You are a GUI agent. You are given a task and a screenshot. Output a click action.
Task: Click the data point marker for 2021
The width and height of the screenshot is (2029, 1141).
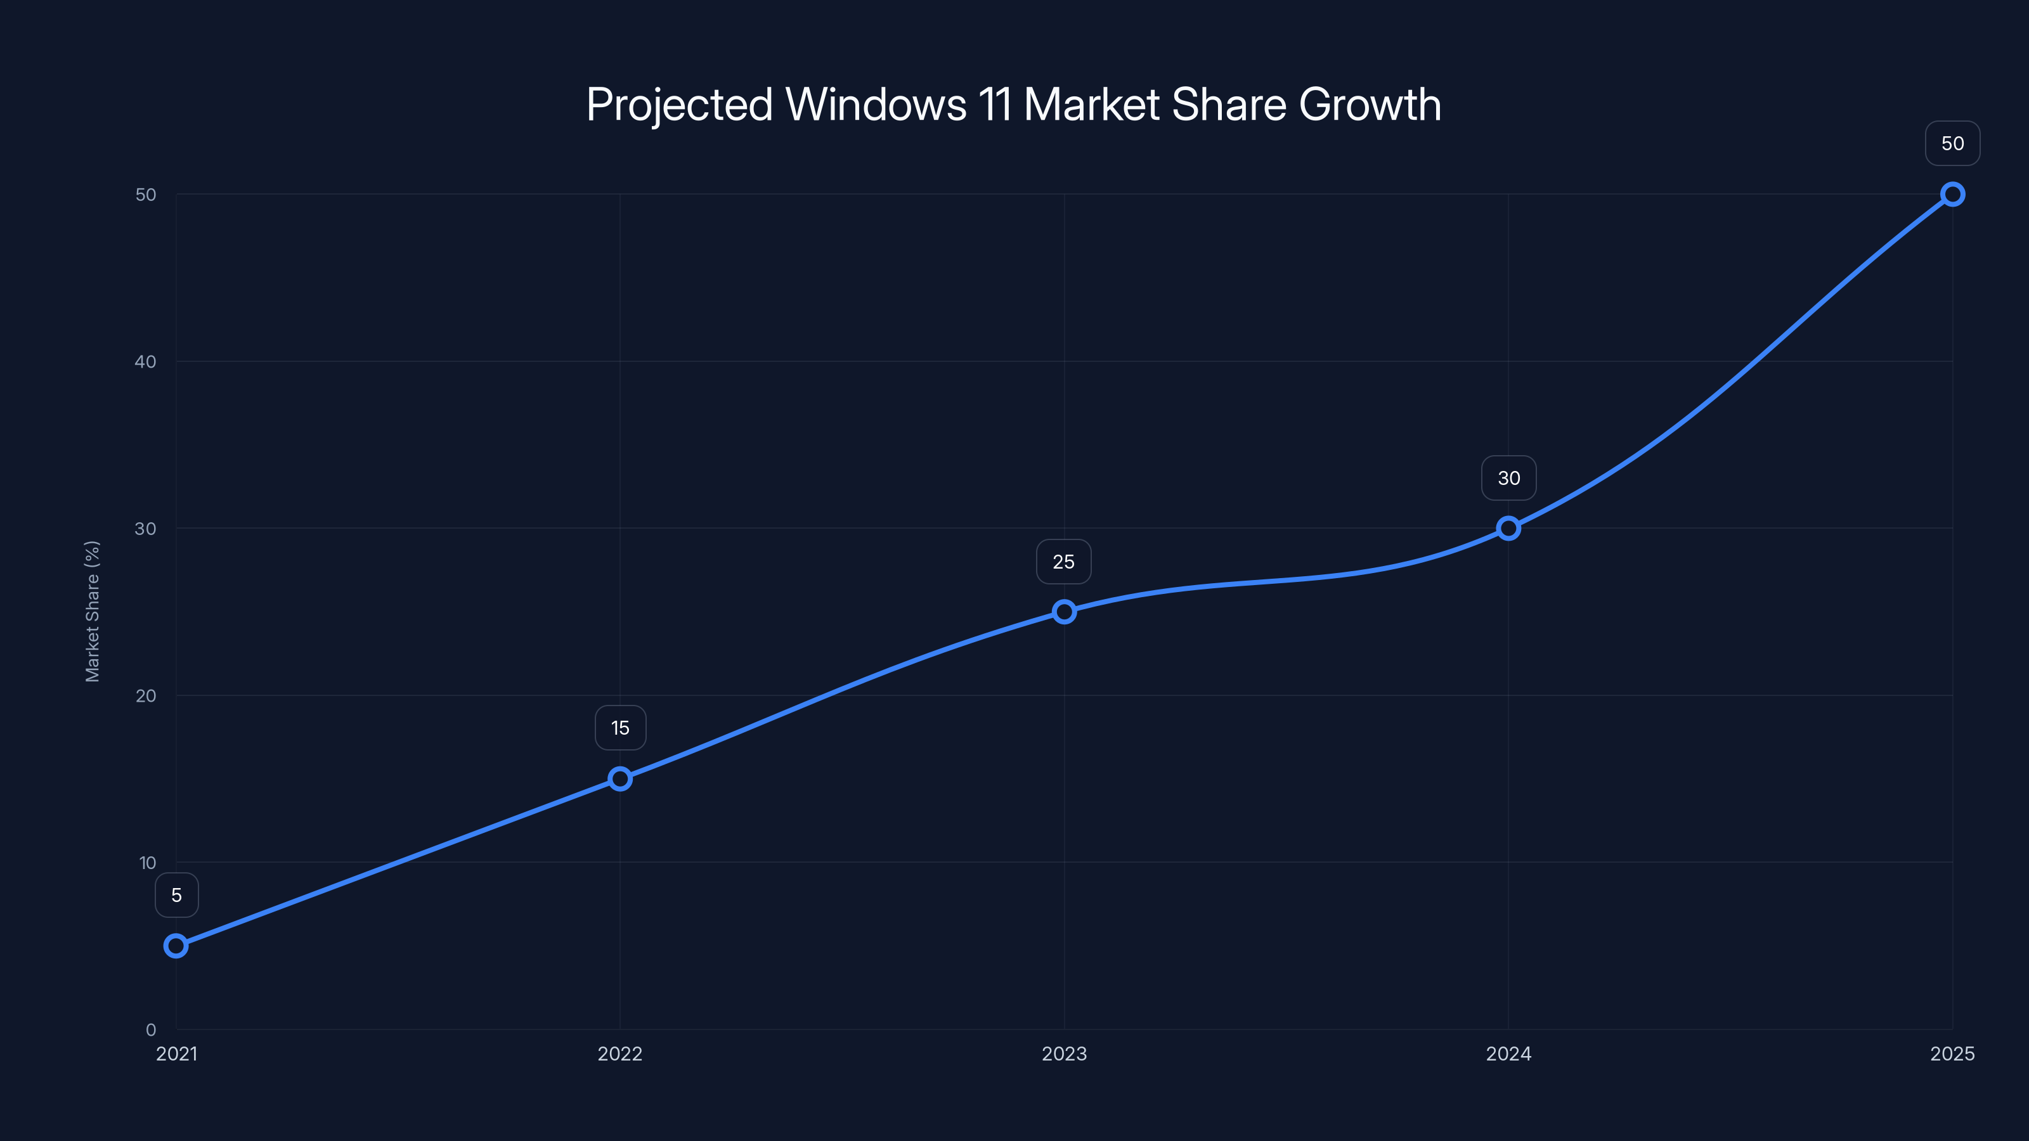pos(176,946)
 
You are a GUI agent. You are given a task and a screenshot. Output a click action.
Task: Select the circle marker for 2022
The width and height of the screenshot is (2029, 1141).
pos(620,779)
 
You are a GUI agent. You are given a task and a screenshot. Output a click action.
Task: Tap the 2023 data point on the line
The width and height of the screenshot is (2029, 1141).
pos(1064,612)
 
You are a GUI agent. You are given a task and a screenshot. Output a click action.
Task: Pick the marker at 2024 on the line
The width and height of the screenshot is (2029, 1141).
pos(1508,529)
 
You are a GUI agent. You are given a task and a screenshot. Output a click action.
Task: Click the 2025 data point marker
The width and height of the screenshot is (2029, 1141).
pos(1953,195)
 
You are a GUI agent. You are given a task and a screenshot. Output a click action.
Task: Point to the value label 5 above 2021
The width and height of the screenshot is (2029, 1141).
pos(176,895)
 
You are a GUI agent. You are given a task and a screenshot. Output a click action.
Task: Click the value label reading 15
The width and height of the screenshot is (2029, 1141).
pos(621,728)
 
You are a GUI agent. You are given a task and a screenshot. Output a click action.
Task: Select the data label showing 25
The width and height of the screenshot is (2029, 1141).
pos(1063,562)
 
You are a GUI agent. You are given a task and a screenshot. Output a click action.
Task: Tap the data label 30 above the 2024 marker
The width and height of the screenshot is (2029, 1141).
pos(1508,478)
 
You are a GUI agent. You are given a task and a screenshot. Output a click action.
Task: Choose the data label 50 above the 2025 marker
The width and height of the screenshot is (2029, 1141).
pos(1953,143)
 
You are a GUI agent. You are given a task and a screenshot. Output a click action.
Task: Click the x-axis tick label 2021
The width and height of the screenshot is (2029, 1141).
pos(176,1054)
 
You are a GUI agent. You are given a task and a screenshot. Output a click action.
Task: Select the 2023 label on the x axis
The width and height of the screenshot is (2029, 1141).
pos(1064,1054)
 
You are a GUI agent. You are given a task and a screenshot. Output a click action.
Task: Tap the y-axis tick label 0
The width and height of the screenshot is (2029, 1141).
pos(150,1030)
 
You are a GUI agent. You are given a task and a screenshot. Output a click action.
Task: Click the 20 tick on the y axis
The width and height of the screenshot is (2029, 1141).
pos(146,696)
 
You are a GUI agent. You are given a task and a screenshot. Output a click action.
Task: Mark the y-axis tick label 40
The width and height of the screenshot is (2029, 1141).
pos(146,362)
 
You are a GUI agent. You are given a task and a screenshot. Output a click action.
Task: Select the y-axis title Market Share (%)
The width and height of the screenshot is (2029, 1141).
pos(92,611)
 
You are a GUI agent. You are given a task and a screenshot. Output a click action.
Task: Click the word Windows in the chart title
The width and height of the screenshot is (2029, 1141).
pos(876,105)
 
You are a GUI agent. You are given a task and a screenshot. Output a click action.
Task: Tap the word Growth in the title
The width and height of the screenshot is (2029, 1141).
pos(1370,105)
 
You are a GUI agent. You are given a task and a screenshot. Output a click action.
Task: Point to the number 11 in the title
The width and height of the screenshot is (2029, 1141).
pos(995,105)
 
